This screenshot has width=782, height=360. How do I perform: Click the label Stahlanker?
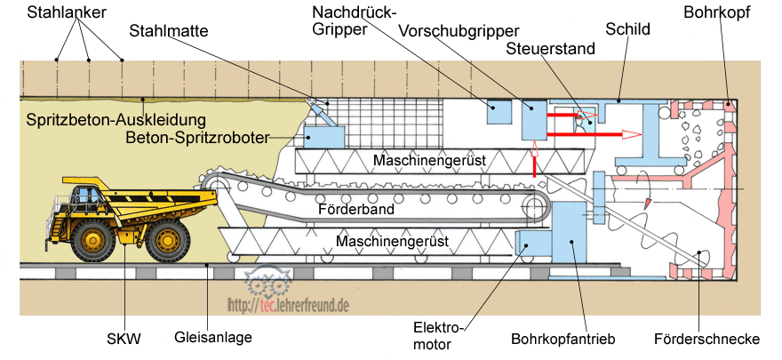pos(68,13)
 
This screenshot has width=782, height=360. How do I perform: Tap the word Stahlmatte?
pos(169,31)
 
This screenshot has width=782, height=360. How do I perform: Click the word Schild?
pos(628,29)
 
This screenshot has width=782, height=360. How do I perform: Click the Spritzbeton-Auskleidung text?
pos(116,120)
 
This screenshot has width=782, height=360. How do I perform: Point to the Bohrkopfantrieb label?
pos(563,339)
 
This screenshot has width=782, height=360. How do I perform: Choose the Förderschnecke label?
pos(718,339)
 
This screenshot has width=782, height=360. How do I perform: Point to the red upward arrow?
pos(535,164)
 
